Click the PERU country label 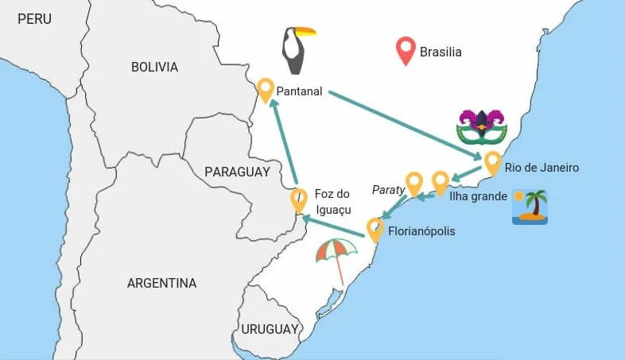click(x=34, y=18)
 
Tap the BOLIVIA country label click(x=154, y=67)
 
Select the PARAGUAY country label click(x=237, y=172)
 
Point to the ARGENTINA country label click(x=161, y=283)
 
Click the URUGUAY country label click(x=270, y=329)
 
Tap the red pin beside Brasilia click(x=407, y=51)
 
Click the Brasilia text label click(x=441, y=52)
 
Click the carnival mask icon click(x=482, y=126)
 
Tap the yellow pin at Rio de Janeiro click(x=493, y=162)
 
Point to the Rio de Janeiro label click(x=542, y=168)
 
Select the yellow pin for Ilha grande click(x=441, y=182)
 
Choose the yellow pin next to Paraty click(x=413, y=183)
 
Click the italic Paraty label click(x=389, y=189)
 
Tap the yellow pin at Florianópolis click(x=375, y=229)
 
